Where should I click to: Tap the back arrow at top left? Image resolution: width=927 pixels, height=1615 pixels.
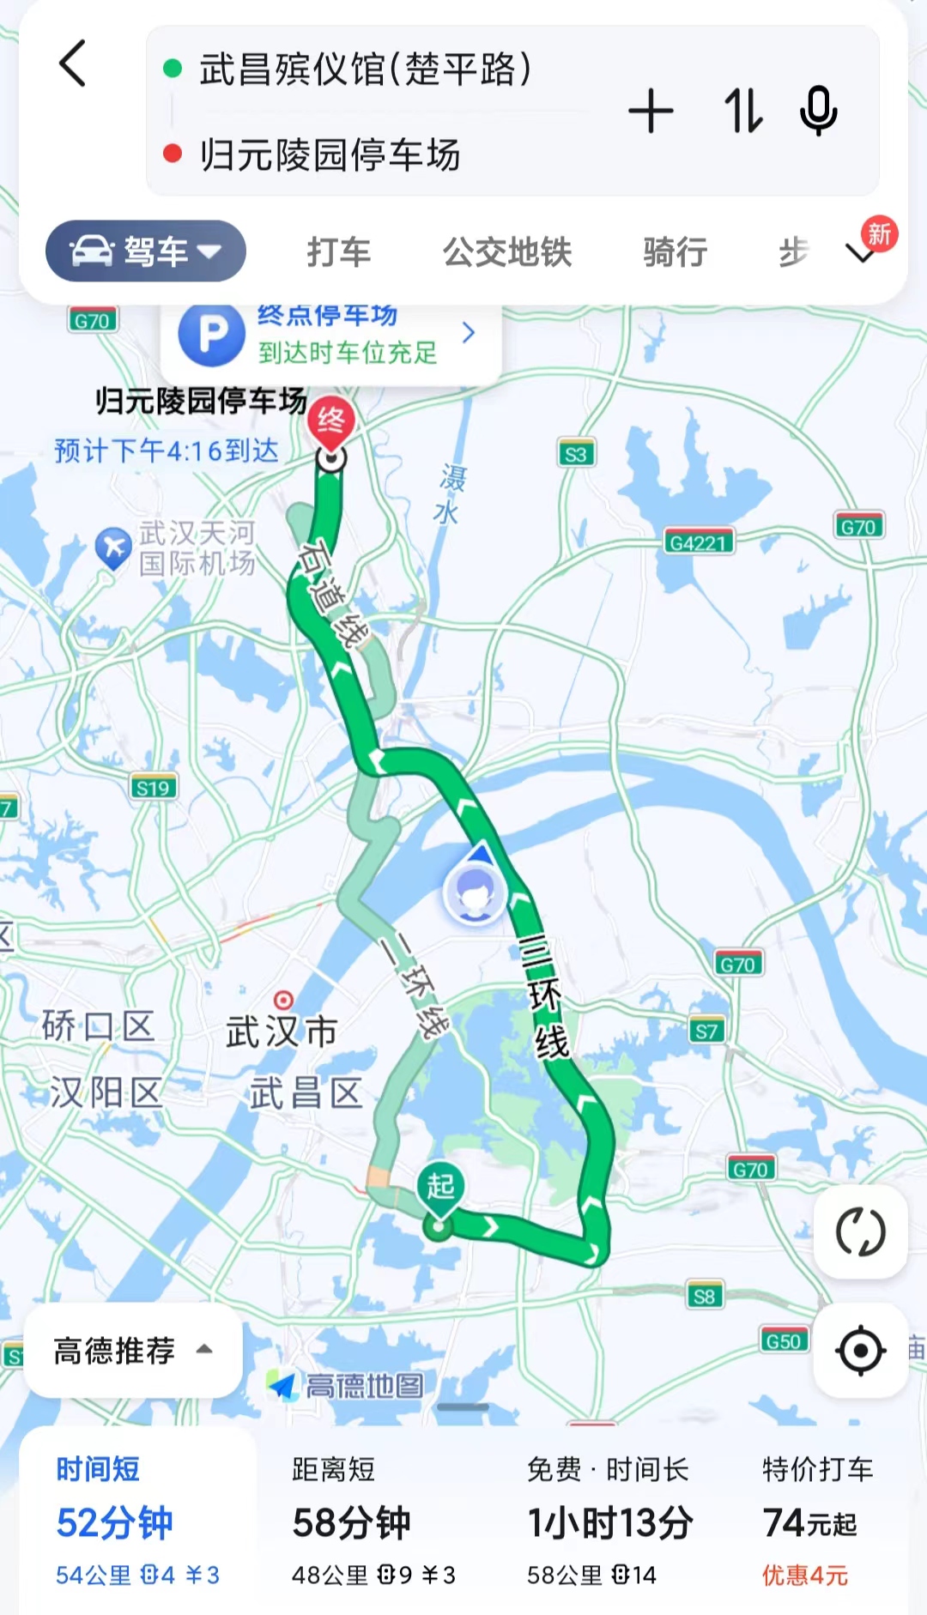point(73,64)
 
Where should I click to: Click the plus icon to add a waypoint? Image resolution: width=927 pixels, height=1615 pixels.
point(651,111)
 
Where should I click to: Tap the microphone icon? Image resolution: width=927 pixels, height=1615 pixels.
point(818,111)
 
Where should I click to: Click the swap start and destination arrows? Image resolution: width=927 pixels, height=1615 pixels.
point(742,111)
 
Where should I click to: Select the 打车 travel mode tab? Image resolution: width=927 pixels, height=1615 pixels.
point(339,252)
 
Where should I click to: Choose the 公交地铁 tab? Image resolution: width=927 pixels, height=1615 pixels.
point(507,252)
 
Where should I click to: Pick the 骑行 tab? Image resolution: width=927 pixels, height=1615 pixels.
point(676,252)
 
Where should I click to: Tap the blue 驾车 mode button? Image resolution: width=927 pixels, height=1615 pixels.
point(146,251)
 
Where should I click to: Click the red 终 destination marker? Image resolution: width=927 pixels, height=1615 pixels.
point(331,420)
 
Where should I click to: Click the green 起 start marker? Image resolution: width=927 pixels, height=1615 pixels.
point(440,1188)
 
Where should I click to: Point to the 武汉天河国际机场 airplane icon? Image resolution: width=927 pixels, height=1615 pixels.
point(112,547)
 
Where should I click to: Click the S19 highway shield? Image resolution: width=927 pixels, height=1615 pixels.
point(153,788)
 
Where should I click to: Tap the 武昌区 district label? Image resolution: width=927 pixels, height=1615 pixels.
point(306,1093)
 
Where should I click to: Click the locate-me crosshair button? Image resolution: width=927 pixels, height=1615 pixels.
point(860,1351)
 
